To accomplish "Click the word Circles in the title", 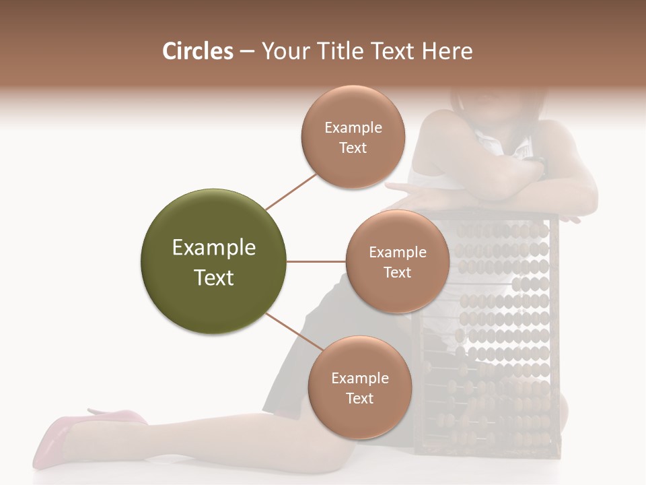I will pyautogui.click(x=198, y=51).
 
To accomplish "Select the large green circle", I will pyautogui.click(x=214, y=262).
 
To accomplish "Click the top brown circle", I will pyautogui.click(x=353, y=137).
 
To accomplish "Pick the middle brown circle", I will pyautogui.click(x=397, y=262).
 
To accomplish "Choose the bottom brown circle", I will pyautogui.click(x=359, y=388).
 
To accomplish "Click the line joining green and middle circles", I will pyautogui.click(x=316, y=261).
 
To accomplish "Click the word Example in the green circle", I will pyautogui.click(x=214, y=248).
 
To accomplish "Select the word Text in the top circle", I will pyautogui.click(x=353, y=148).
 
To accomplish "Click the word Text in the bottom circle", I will pyautogui.click(x=359, y=398).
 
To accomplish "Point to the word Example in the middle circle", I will pyautogui.click(x=397, y=253).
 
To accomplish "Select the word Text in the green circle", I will pyautogui.click(x=214, y=278).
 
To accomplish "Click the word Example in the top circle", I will pyautogui.click(x=353, y=128).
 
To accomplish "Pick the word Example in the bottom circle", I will pyautogui.click(x=359, y=379).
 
